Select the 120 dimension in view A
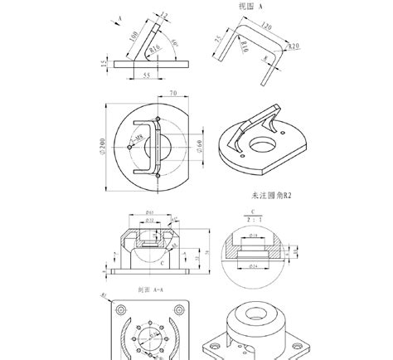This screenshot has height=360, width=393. pyautogui.click(x=265, y=27)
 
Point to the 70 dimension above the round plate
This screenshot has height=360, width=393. pyautogui.click(x=173, y=94)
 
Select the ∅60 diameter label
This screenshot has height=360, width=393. pyautogui.click(x=201, y=145)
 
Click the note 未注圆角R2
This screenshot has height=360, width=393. pyautogui.click(x=269, y=197)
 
